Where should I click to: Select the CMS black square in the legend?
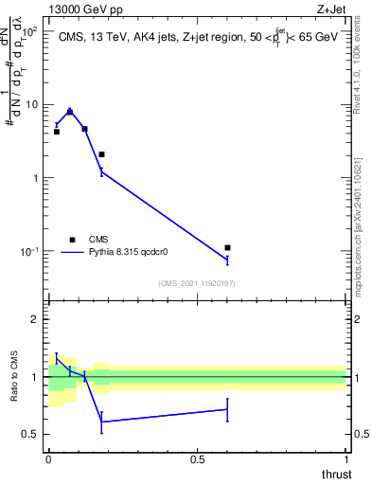pyautogui.click(x=72, y=240)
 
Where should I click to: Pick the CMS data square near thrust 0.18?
pyautogui.click(x=101, y=153)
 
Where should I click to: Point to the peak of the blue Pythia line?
pyautogui.click(x=70, y=111)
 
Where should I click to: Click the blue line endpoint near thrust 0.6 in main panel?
pyautogui.click(x=227, y=260)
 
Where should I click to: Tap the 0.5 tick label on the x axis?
pyautogui.click(x=197, y=460)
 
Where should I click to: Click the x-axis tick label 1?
pyautogui.click(x=345, y=460)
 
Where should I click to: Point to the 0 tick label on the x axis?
pyautogui.click(x=48, y=460)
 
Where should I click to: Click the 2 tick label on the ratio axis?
pyautogui.click(x=35, y=319)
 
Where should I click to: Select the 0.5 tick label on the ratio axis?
pyautogui.click(x=31, y=434)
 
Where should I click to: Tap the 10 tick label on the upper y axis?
pyautogui.click(x=33, y=104)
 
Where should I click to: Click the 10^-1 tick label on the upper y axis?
pyautogui.click(x=31, y=251)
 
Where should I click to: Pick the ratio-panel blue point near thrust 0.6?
pyautogui.click(x=227, y=409)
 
